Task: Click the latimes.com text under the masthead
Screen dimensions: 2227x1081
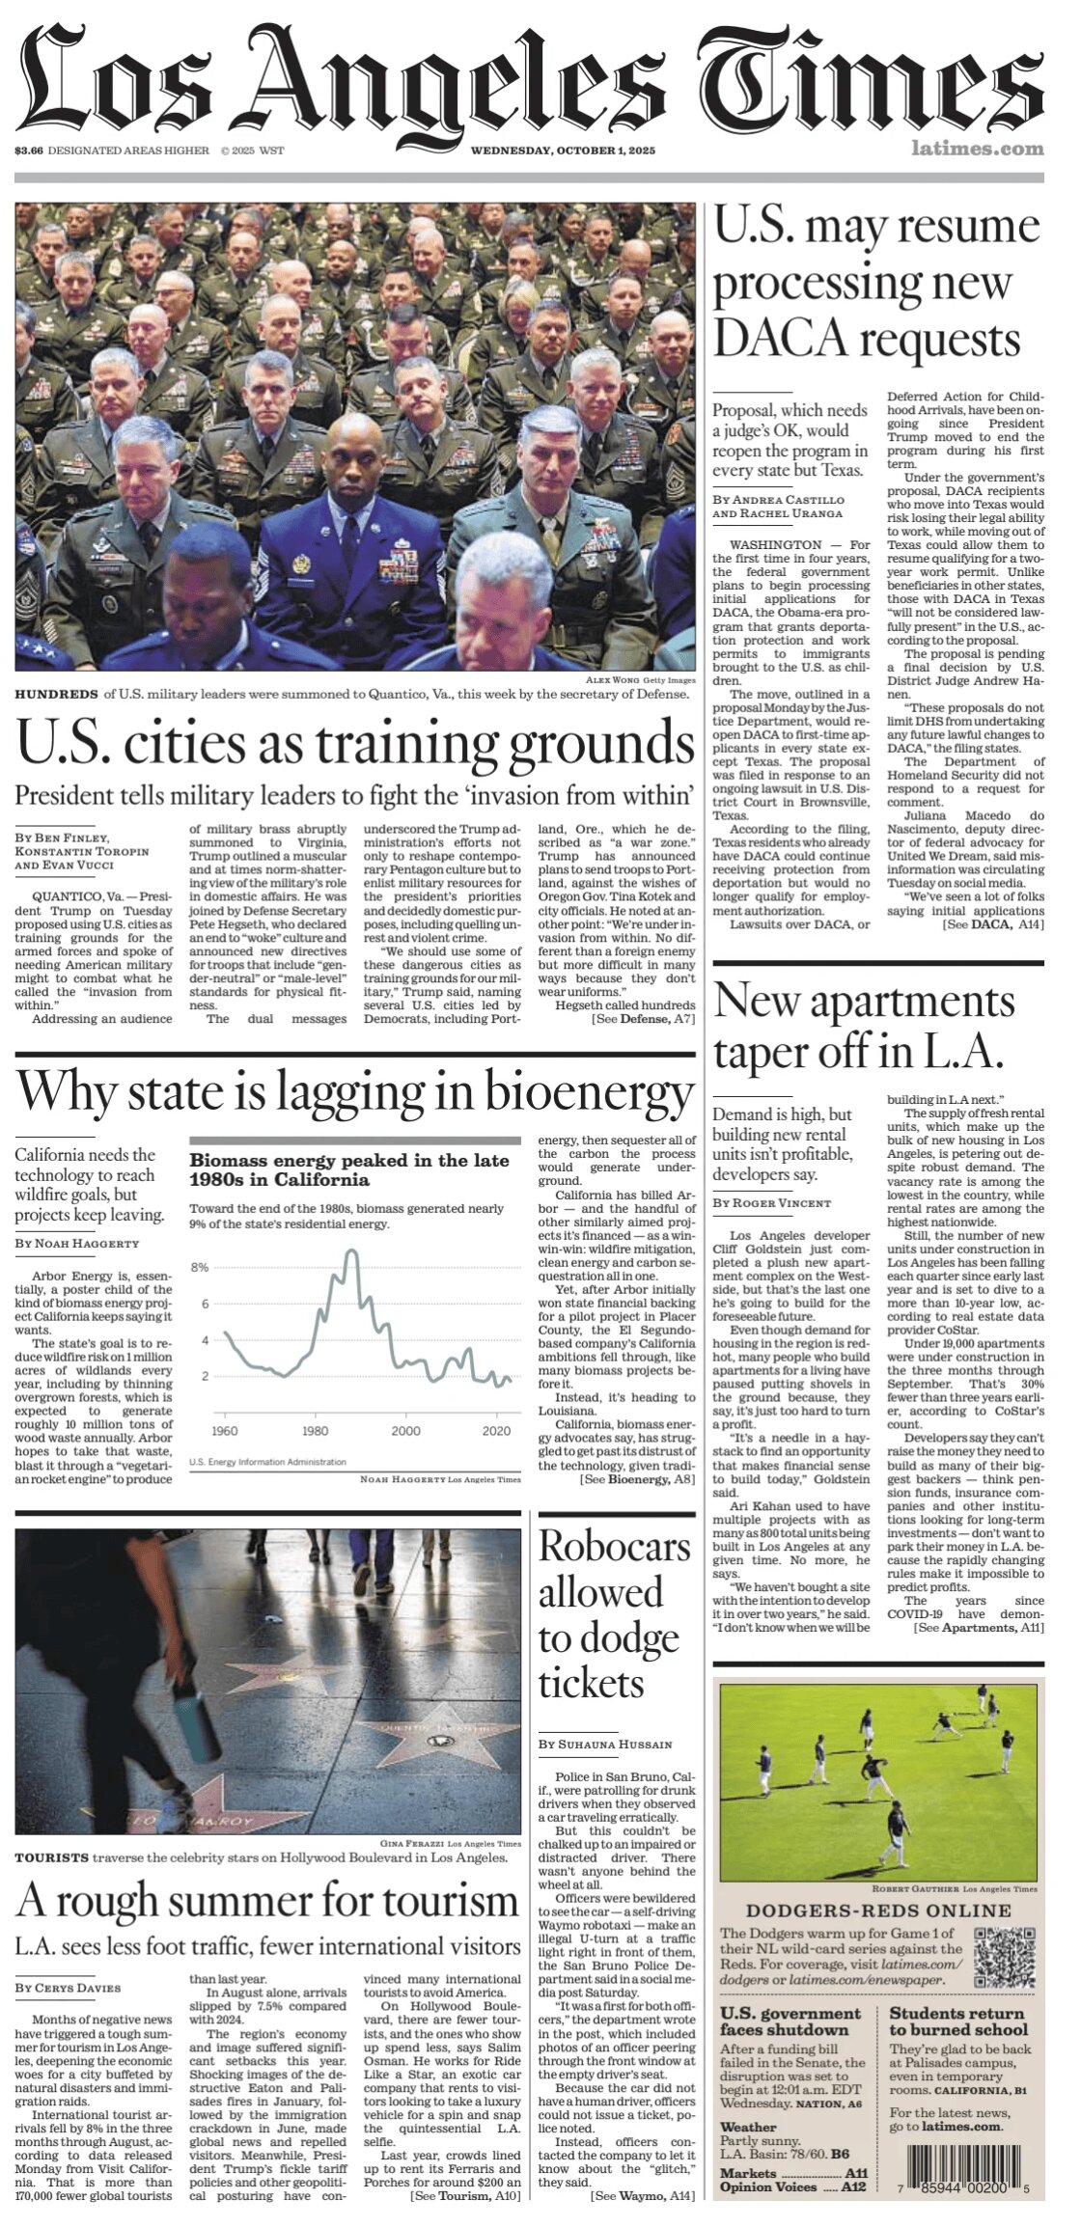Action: tap(978, 149)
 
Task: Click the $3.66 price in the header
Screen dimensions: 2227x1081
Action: tap(28, 151)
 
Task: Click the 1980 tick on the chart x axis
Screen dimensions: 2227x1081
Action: tap(315, 1431)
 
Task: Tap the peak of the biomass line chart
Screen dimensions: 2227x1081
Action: tap(352, 1251)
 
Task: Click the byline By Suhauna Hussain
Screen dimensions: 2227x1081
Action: tap(605, 1745)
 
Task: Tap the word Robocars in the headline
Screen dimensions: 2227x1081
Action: tap(615, 1547)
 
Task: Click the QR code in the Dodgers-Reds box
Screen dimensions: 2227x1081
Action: tap(1005, 1953)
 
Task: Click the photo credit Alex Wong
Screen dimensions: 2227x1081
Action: tap(612, 680)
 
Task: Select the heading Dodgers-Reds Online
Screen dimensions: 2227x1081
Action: tap(878, 1911)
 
